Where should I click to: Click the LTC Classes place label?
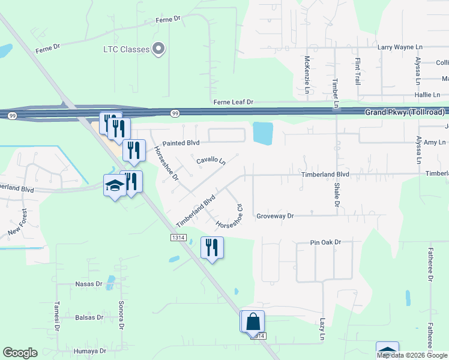tap(125, 49)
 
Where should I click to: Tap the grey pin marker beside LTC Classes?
tap(158, 49)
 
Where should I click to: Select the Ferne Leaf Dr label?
tap(234, 103)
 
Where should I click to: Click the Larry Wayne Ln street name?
tap(400, 47)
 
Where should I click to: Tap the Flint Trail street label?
tap(357, 71)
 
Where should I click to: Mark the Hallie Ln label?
tap(426, 95)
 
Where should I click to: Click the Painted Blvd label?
tap(181, 143)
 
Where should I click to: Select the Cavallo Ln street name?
tap(211, 161)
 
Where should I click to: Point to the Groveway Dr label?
tap(274, 216)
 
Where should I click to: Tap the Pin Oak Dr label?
tap(325, 242)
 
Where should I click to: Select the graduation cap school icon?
tap(114, 186)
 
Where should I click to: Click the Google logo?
tap(20, 353)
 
